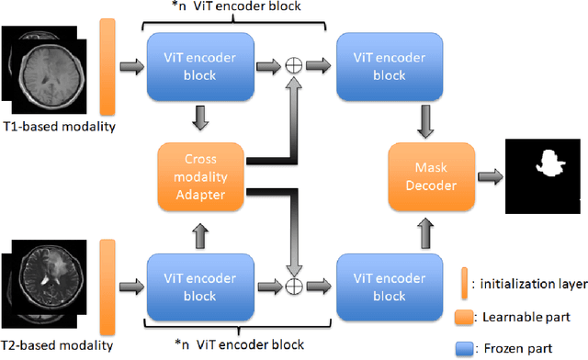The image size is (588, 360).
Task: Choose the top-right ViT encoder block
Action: point(382,66)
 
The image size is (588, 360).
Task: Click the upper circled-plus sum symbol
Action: point(294,66)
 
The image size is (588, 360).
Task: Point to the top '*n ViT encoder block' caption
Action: point(235,8)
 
